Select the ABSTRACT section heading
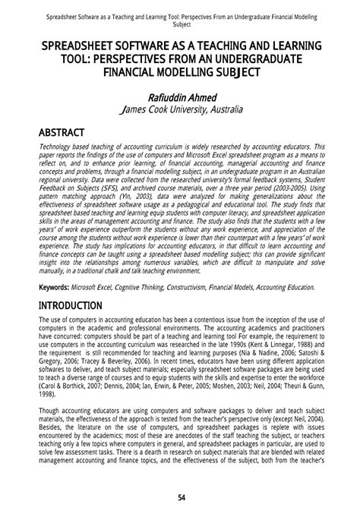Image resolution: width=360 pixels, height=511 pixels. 62,132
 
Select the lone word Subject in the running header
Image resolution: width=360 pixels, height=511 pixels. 180,24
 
